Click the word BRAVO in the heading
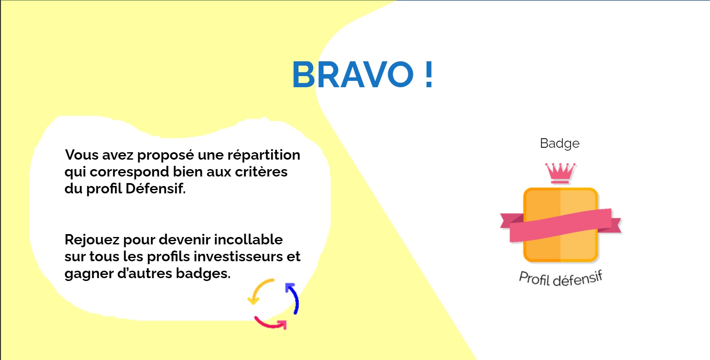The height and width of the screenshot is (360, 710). (x=353, y=74)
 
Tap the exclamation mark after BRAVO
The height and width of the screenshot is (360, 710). (x=429, y=74)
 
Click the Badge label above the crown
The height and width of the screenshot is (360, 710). (x=560, y=144)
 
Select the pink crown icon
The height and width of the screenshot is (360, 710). (x=560, y=173)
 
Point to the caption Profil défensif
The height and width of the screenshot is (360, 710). (x=561, y=279)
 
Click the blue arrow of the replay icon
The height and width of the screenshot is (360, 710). (x=293, y=297)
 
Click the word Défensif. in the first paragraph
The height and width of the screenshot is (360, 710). (x=156, y=188)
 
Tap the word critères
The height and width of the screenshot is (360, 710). (x=261, y=172)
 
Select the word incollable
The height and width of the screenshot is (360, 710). (x=248, y=239)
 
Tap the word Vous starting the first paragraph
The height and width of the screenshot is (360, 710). (x=81, y=155)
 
